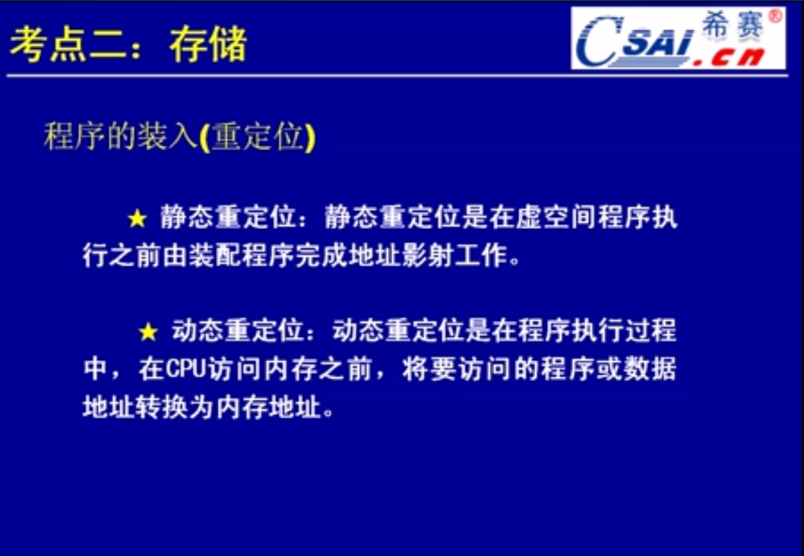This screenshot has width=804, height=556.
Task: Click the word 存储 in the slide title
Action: tap(208, 44)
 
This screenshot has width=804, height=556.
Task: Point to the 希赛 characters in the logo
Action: tap(732, 24)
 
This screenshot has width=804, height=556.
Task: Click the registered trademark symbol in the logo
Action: tap(775, 16)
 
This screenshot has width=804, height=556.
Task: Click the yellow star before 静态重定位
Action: tap(137, 218)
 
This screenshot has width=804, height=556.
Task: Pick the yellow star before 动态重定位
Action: tap(148, 331)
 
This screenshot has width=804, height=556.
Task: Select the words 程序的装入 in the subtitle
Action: tap(121, 137)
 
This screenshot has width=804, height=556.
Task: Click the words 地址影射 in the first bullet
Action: tap(401, 256)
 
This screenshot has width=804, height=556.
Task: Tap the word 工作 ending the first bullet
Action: tap(481, 256)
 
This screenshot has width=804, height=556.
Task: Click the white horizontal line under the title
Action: tap(398, 76)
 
